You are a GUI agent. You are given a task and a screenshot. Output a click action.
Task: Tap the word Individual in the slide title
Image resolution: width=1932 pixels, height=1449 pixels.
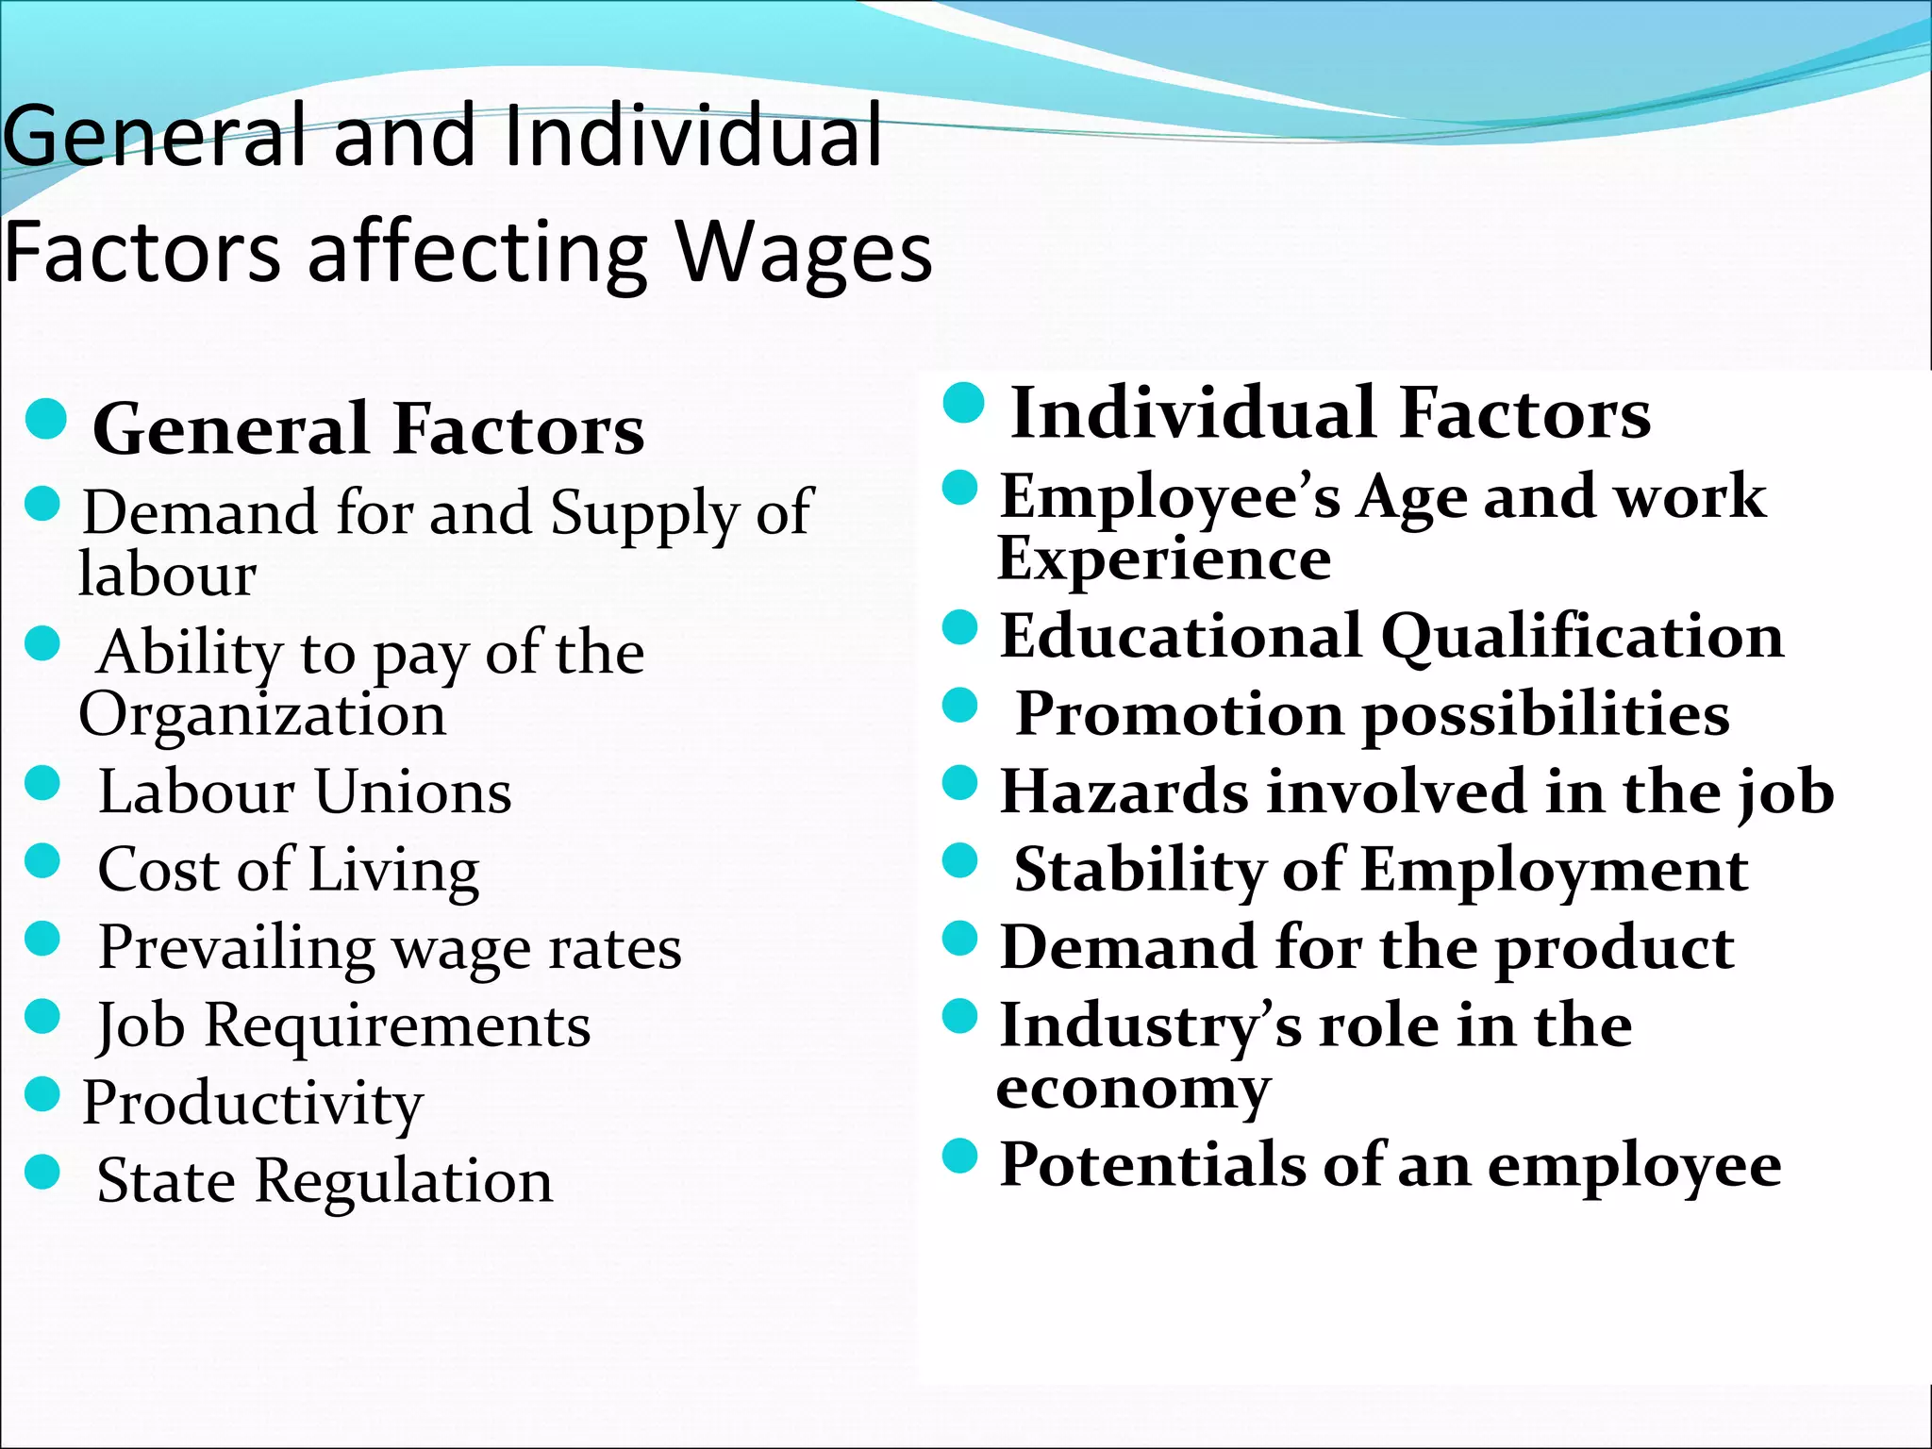coord(693,137)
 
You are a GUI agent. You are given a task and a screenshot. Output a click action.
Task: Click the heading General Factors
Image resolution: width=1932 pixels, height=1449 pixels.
coord(369,429)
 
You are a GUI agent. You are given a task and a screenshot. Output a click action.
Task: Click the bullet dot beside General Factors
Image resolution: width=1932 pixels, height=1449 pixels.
coord(45,419)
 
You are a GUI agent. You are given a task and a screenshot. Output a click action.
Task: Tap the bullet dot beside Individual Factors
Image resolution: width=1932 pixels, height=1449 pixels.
coord(963,404)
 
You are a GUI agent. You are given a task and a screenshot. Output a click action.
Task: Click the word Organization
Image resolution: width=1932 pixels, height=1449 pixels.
coord(262,715)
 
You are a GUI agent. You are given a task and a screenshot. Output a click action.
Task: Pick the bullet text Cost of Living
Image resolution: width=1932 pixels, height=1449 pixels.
coord(289,870)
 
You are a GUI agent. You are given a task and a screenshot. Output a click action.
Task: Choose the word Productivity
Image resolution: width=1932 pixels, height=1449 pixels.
coord(253,1104)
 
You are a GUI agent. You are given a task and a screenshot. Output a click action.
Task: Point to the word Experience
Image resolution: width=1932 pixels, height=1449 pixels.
coord(1164,558)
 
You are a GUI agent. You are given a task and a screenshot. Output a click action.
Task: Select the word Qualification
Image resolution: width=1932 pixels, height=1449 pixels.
coord(1582,637)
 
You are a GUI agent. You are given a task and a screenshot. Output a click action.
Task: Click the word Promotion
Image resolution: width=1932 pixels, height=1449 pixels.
coord(1180,714)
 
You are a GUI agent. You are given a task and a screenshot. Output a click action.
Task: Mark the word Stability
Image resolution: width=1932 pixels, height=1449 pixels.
coord(1139,869)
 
